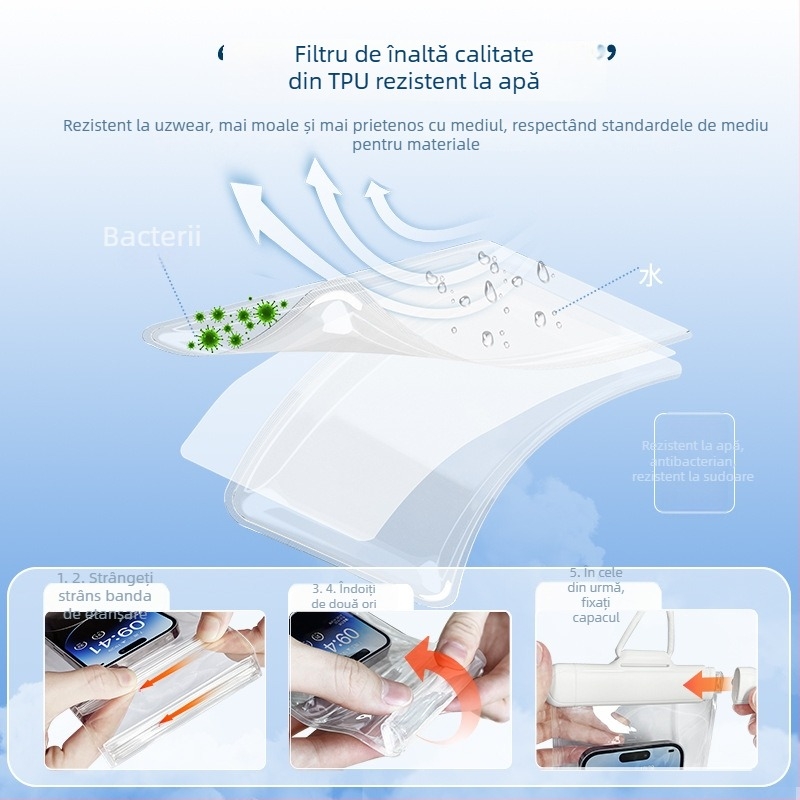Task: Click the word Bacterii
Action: click(x=152, y=237)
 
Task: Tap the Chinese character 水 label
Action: click(x=651, y=275)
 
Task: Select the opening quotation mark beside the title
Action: click(x=222, y=52)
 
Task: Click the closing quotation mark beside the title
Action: click(x=606, y=52)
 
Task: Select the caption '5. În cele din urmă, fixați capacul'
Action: click(x=596, y=595)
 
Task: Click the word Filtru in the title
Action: click(x=325, y=54)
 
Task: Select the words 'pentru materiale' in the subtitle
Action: click(x=416, y=145)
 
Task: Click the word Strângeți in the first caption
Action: click(x=120, y=578)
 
